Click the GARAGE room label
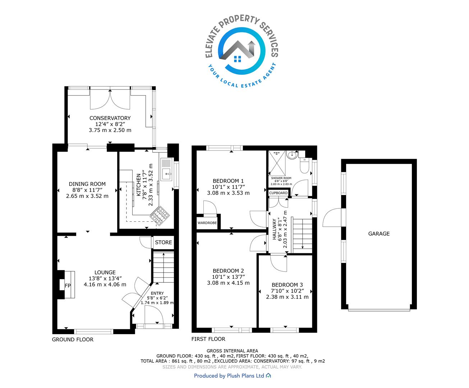(379, 234)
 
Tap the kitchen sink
(167, 169)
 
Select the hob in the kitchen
(160, 216)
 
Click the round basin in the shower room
(292, 155)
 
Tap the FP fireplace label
(68, 286)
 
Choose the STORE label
(163, 242)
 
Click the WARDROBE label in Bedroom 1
(207, 223)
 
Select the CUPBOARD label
(278, 193)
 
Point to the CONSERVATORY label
(110, 118)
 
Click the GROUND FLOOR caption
(73, 339)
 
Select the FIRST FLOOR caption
(208, 339)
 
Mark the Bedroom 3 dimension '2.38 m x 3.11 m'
(287, 297)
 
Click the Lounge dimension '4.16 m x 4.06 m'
(105, 285)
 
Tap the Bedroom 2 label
(228, 271)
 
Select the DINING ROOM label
(87, 184)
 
